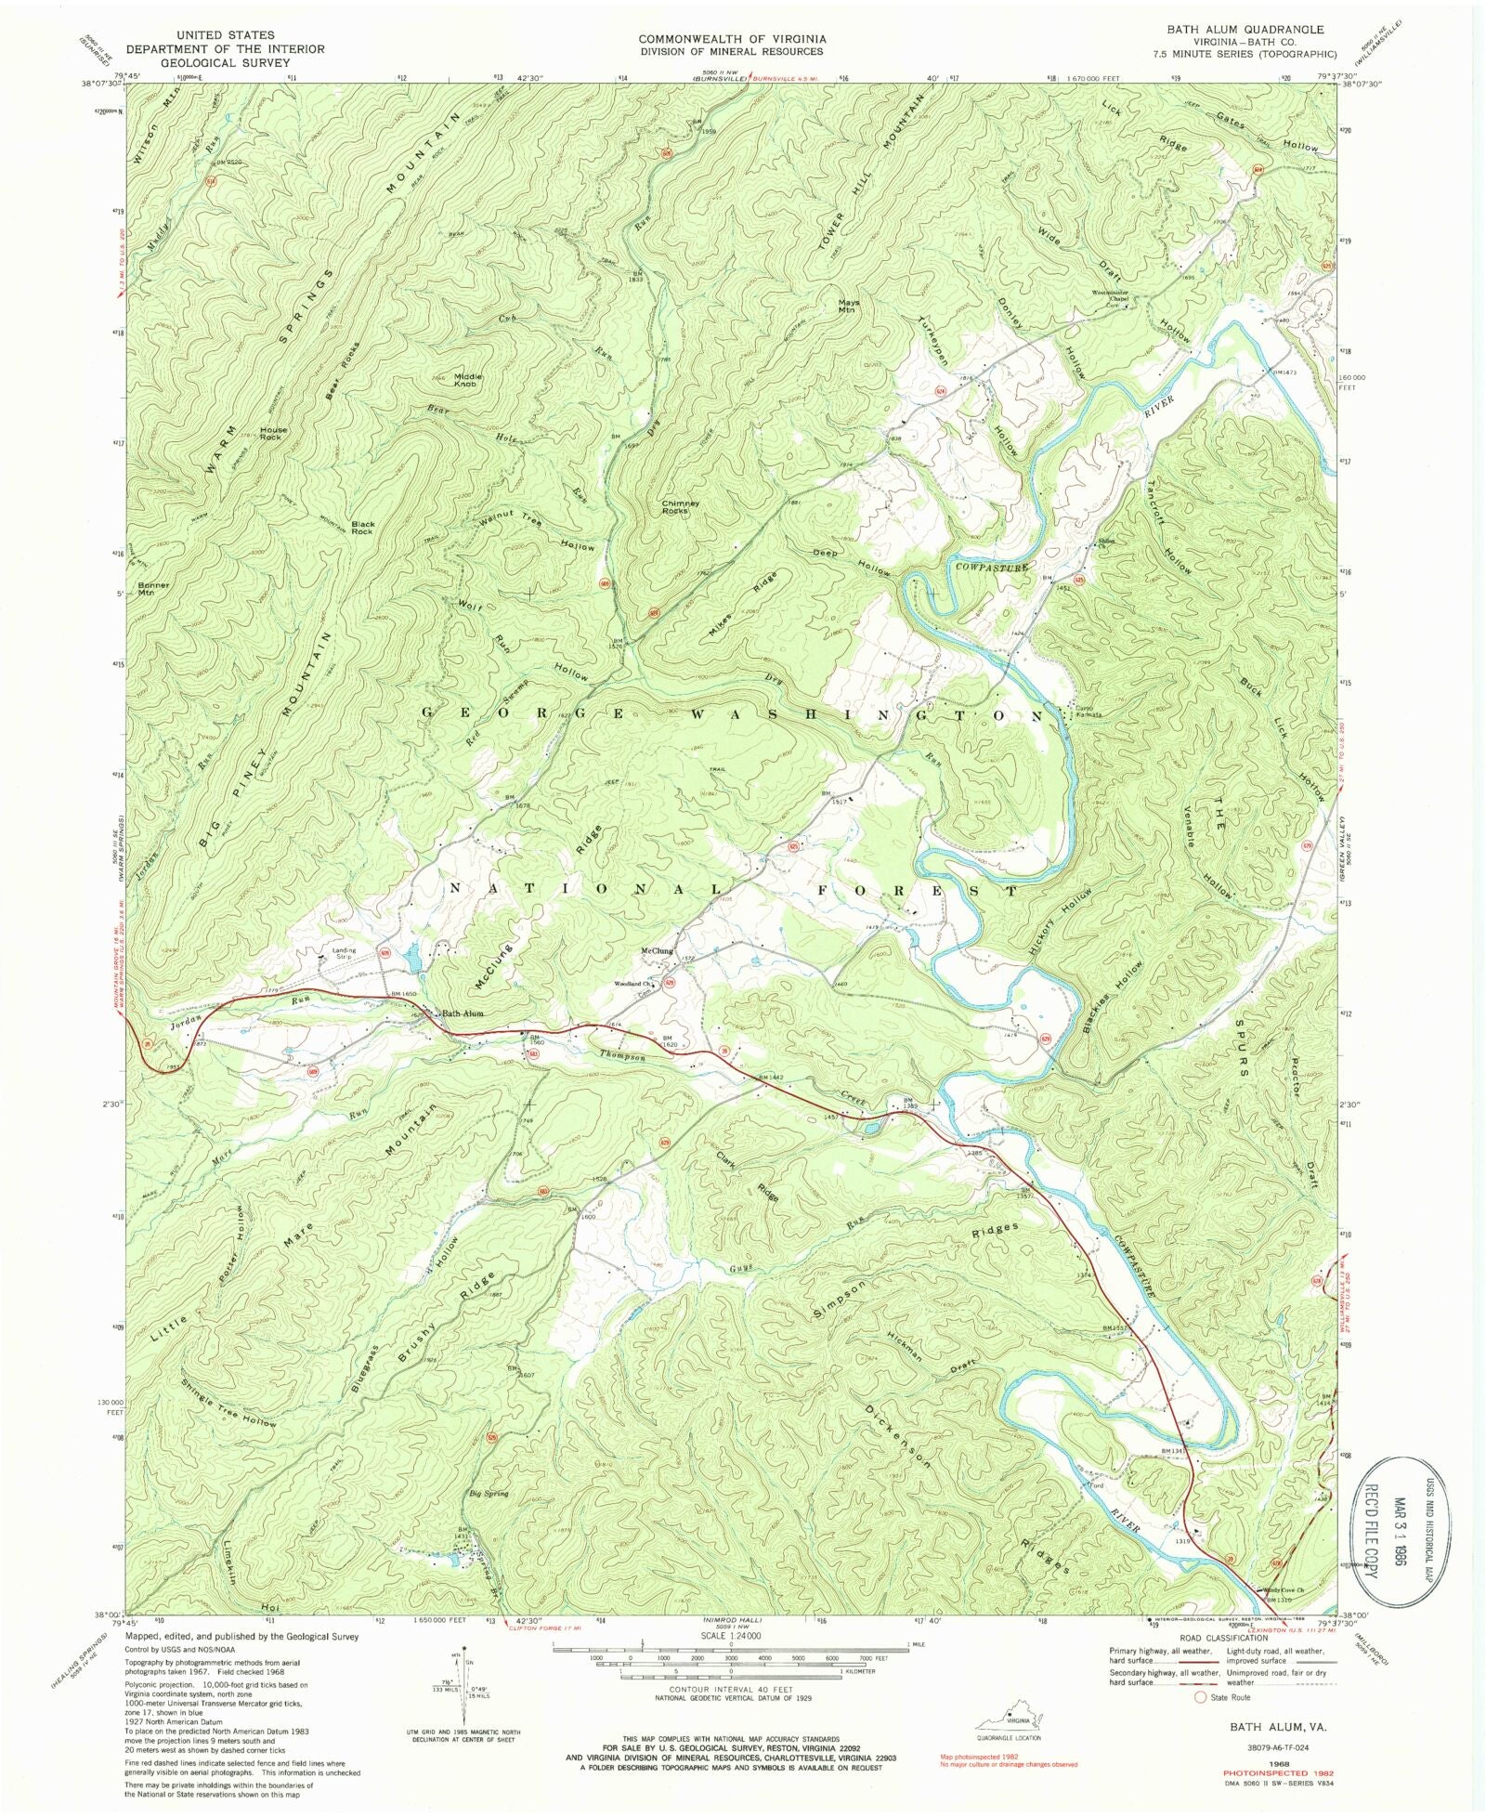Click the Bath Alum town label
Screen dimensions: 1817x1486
[x=463, y=1013]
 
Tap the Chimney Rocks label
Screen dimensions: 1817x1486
[x=680, y=506]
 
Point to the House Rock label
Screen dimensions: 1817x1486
[x=273, y=433]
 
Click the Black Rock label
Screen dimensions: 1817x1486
[x=362, y=527]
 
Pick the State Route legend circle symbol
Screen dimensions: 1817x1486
[x=1200, y=1697]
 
